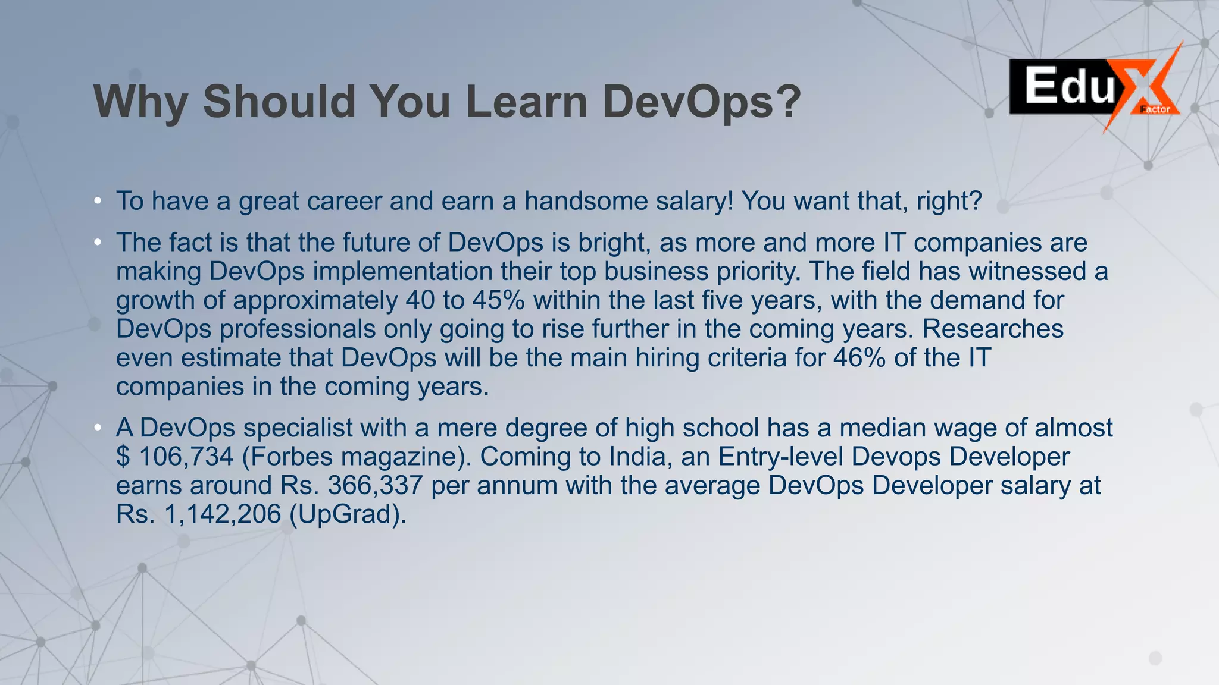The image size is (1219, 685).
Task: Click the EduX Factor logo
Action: point(1094,88)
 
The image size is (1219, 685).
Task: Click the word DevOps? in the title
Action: point(702,102)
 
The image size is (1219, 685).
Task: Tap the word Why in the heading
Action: point(141,102)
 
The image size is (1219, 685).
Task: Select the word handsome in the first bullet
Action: point(586,201)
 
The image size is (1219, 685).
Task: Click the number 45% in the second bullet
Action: point(498,300)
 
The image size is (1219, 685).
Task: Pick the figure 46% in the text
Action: point(859,357)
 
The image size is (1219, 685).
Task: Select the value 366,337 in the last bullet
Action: point(375,485)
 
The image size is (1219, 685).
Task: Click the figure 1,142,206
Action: point(222,514)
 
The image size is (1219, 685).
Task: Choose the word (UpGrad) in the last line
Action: point(347,514)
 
